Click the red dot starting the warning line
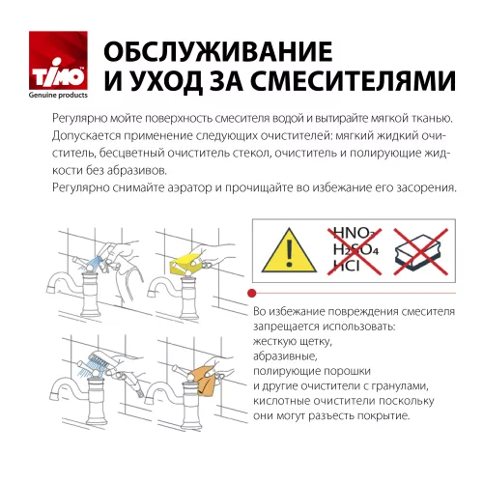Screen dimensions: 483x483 pyautogui.click(x=252, y=293)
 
